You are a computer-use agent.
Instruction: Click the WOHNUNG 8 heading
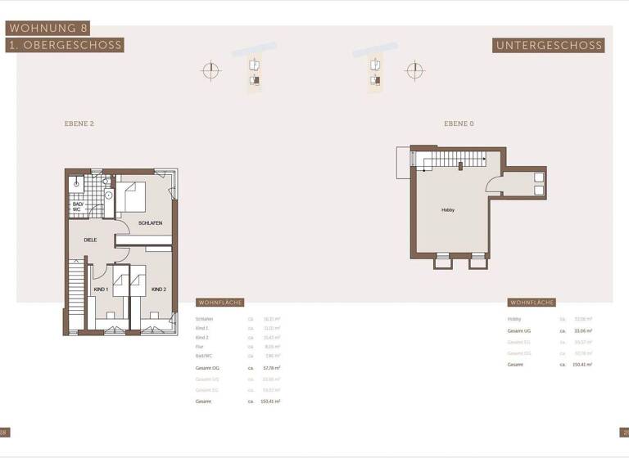click(x=47, y=28)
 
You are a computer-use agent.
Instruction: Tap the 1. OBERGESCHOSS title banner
click(x=65, y=46)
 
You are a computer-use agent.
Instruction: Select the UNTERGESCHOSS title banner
click(x=549, y=46)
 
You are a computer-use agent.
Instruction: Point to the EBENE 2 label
click(x=79, y=123)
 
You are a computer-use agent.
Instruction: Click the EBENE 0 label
click(x=459, y=123)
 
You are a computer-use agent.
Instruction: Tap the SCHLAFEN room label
click(x=150, y=223)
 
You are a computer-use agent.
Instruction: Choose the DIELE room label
click(x=90, y=240)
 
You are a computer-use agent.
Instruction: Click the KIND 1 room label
click(x=101, y=290)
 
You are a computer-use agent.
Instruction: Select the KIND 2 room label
click(x=158, y=290)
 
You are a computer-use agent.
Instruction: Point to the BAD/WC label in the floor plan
click(x=77, y=207)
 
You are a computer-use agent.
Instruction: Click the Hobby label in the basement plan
click(x=448, y=210)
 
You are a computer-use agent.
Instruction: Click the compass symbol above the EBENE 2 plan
click(x=211, y=71)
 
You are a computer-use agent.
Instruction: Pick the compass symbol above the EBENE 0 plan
click(x=415, y=70)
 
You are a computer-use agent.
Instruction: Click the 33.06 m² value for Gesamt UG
click(x=583, y=330)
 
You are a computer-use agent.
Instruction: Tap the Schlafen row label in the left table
click(x=205, y=319)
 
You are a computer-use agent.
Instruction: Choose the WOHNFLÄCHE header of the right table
click(x=532, y=303)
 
